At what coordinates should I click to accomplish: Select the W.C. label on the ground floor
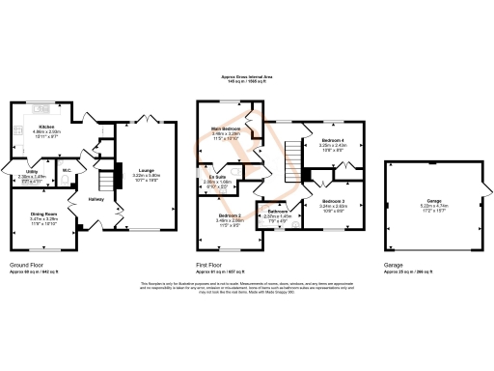click(x=67, y=174)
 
